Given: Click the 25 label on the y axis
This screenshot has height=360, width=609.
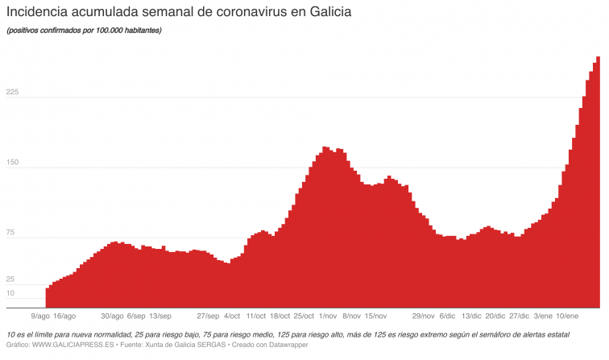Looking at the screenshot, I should [x=10, y=279].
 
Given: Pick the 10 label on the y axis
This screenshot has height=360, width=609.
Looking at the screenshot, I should [x=10, y=293].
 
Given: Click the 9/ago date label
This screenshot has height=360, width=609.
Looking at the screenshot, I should [x=39, y=316].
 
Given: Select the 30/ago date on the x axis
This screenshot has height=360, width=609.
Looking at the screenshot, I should [x=112, y=316].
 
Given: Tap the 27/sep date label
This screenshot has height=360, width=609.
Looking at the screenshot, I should [x=208, y=316].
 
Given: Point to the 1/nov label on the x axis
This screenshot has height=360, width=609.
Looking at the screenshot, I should [x=328, y=316].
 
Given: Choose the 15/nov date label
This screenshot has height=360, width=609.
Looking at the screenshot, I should [x=376, y=316].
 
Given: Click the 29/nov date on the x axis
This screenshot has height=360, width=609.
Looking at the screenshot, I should [x=423, y=316].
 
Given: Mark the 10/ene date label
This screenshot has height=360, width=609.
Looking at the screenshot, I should [x=569, y=316].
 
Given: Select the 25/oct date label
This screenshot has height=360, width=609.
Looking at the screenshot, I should [x=304, y=316].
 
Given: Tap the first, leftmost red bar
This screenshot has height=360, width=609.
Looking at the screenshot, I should [x=48, y=297].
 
